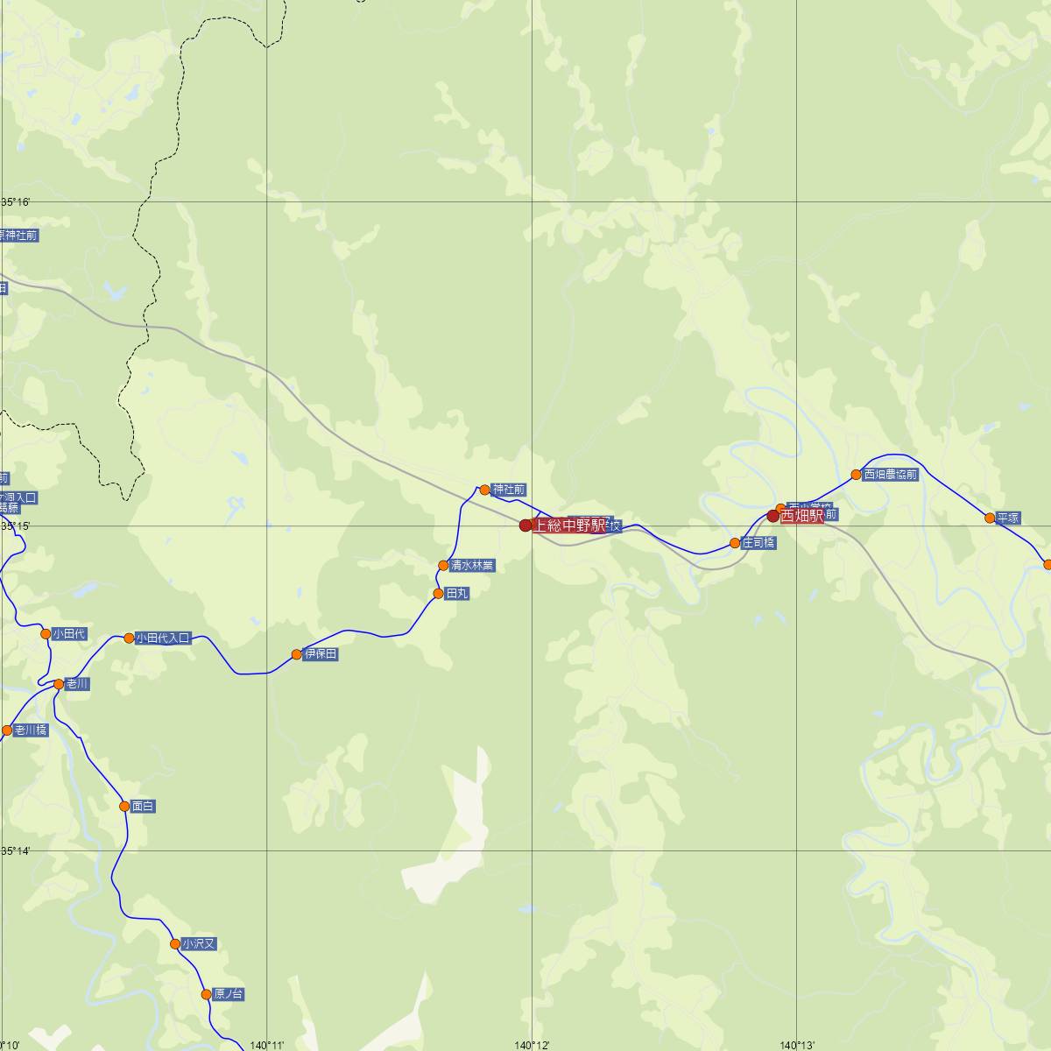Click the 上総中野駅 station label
pos(569,525)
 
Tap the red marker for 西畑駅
pos(772,516)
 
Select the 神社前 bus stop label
pos(509,490)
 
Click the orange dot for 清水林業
pos(443,566)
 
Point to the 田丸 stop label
pos(457,594)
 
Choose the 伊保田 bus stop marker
pos(297,654)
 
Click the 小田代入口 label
pos(163,638)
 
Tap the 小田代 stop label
pos(69,634)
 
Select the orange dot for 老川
pos(59,684)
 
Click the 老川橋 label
pos(31,730)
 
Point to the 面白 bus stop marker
pos(124,806)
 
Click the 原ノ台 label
pos(229,994)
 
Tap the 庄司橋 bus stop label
pos(758,543)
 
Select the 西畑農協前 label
pos(891,475)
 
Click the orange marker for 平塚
pos(990,518)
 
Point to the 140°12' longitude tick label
pos(532,1045)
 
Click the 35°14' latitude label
pos(16,850)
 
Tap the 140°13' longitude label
pos(797,1045)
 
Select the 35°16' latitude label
pos(16,202)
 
